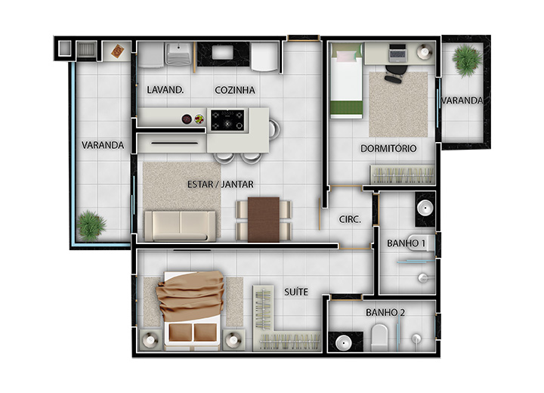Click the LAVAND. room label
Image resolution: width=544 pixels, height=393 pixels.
[x=165, y=90]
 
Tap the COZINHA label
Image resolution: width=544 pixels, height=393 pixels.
[x=235, y=90]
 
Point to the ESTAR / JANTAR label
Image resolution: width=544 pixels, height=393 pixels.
[x=221, y=184]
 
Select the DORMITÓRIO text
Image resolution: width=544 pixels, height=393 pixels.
[x=388, y=149]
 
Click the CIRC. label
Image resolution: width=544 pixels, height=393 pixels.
[x=350, y=219]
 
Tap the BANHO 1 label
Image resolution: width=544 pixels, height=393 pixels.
[x=406, y=243]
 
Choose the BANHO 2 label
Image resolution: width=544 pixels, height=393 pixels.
[x=385, y=312]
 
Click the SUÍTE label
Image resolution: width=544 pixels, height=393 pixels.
[x=296, y=292]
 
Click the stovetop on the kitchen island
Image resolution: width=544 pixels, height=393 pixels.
[x=227, y=120]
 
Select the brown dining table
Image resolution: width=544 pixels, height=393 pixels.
[x=264, y=219]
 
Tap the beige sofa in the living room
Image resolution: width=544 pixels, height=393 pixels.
[x=180, y=226]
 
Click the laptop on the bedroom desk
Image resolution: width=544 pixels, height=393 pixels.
[x=397, y=52]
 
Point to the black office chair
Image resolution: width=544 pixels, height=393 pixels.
[x=395, y=73]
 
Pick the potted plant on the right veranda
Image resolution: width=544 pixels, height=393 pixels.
[x=467, y=60]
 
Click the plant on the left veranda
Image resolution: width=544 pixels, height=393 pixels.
[x=91, y=225]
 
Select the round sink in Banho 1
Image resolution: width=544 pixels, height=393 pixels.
[x=425, y=209]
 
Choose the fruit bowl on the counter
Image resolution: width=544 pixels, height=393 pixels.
[x=199, y=119]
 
